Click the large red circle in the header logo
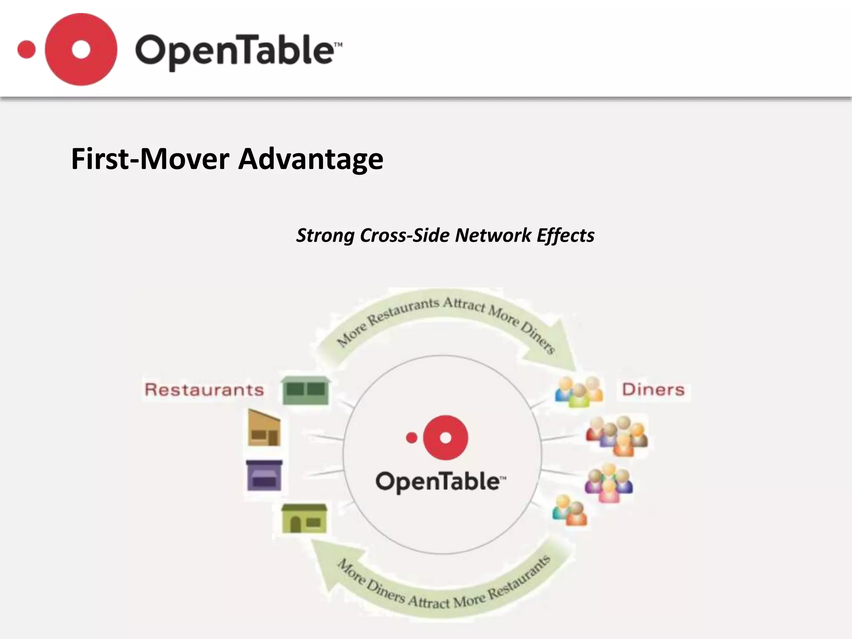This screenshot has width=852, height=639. (x=62, y=67)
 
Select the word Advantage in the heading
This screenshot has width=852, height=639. (x=310, y=159)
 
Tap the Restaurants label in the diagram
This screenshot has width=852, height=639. (x=204, y=390)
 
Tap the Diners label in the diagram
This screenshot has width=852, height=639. (x=653, y=390)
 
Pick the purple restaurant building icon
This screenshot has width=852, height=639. (x=264, y=475)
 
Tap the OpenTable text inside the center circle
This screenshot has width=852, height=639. (x=441, y=482)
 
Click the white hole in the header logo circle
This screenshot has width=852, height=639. (x=81, y=50)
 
